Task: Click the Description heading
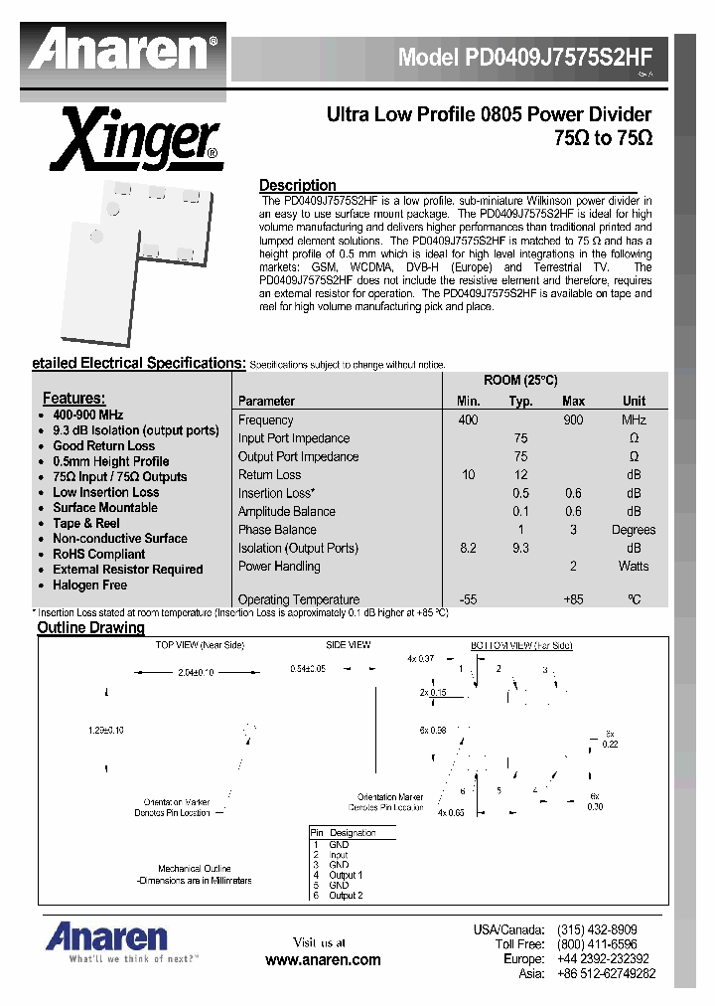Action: [x=297, y=185]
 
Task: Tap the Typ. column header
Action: [x=520, y=401]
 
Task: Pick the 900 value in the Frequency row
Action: [x=573, y=419]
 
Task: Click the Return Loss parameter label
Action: [x=269, y=475]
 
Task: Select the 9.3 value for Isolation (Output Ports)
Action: [x=520, y=548]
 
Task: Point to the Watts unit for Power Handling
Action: [x=633, y=566]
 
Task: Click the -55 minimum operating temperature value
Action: [x=469, y=599]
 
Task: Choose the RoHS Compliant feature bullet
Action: [x=98, y=554]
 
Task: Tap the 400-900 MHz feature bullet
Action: [x=87, y=415]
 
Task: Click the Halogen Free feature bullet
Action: [x=90, y=585]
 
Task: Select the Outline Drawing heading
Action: [x=90, y=627]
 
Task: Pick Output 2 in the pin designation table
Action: [x=346, y=895]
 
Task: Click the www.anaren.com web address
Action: [x=323, y=959]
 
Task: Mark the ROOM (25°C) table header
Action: [x=520, y=381]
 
